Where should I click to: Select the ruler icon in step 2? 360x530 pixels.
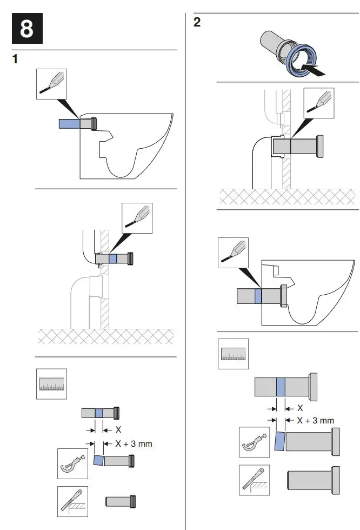tap(233, 354)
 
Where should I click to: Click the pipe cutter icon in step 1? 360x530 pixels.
tap(73, 462)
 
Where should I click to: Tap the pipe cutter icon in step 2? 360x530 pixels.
tap(255, 442)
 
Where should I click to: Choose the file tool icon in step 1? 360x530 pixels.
tap(73, 501)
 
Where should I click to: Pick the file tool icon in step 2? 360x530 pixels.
tap(255, 479)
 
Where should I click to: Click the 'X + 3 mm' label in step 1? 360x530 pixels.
tap(135, 443)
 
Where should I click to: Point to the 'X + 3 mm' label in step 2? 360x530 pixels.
tap(316, 420)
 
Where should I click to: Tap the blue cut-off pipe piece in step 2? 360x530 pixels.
tap(279, 441)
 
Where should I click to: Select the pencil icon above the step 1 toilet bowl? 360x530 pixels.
tap(52, 83)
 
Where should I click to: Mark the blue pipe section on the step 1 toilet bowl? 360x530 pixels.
tap(69, 124)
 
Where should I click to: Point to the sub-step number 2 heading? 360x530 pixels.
tap(197, 23)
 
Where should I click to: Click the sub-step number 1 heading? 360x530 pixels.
tap(16, 59)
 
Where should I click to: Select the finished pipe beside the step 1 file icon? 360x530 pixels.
tap(120, 501)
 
